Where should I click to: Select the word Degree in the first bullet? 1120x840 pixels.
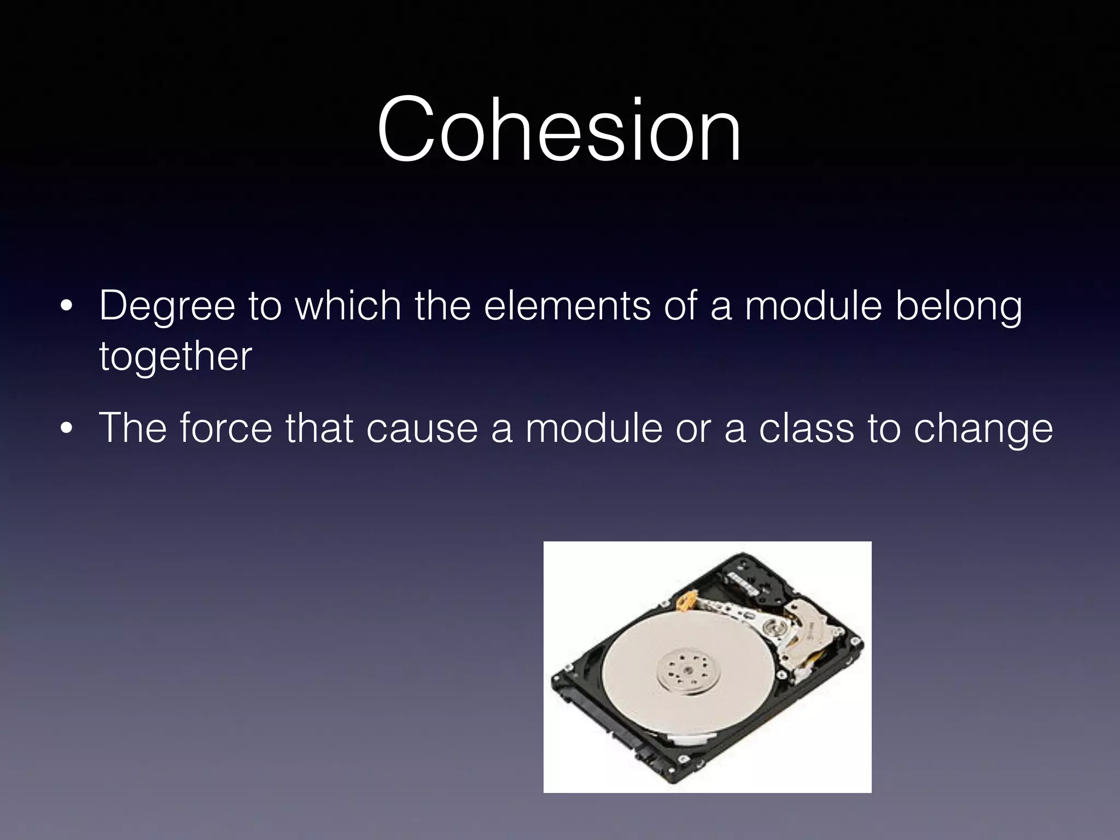[x=167, y=306]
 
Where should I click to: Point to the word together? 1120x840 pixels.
[x=175, y=357]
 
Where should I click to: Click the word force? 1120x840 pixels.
[x=225, y=428]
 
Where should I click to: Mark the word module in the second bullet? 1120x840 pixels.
[x=594, y=428]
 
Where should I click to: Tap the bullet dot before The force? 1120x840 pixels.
[x=66, y=429]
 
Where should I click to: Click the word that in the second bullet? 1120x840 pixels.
[x=319, y=428]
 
